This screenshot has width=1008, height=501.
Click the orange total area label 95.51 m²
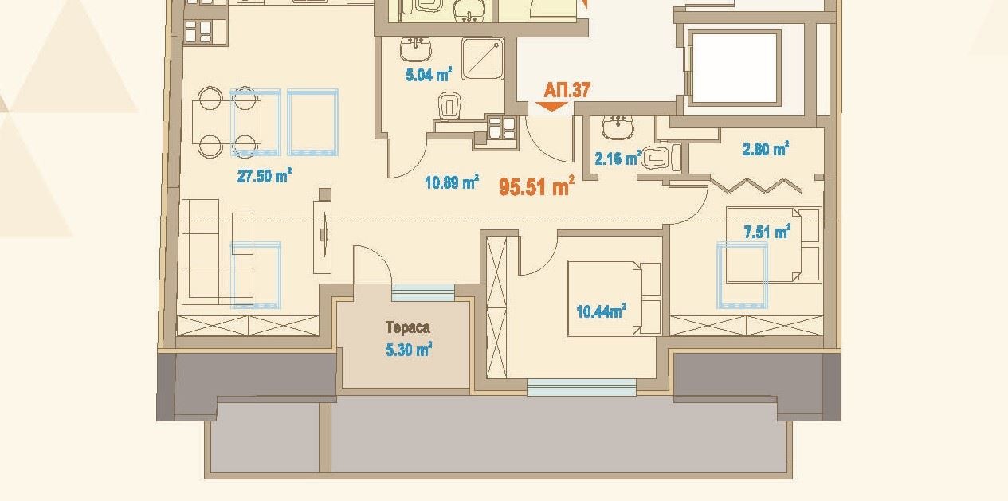click(537, 186)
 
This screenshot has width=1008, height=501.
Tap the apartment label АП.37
click(567, 89)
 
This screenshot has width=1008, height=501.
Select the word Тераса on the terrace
click(408, 327)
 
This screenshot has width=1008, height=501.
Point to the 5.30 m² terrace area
click(408, 348)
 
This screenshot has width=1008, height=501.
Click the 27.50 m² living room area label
click(264, 176)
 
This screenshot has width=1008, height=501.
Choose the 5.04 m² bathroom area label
click(429, 76)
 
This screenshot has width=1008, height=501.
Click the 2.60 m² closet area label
click(765, 149)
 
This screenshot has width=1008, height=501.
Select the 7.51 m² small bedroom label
click(766, 232)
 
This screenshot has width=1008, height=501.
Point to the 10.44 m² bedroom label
click(600, 311)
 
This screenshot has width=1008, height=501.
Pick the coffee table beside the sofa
click(242, 233)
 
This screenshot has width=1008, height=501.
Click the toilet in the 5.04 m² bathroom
click(450, 106)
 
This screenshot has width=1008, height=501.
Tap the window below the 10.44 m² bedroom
click(582, 388)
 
